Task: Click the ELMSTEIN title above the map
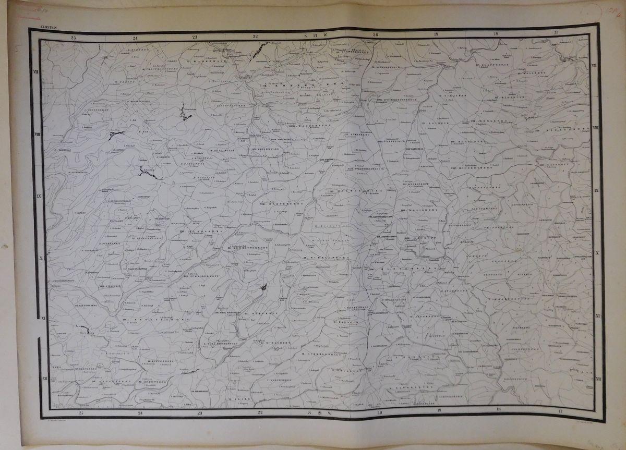[40, 25]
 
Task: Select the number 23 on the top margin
[195, 37]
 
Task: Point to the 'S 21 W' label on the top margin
[315, 36]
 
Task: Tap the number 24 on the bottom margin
[140, 413]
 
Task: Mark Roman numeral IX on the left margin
[38, 196]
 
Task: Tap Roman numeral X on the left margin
[38, 258]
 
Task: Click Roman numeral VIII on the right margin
[595, 128]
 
